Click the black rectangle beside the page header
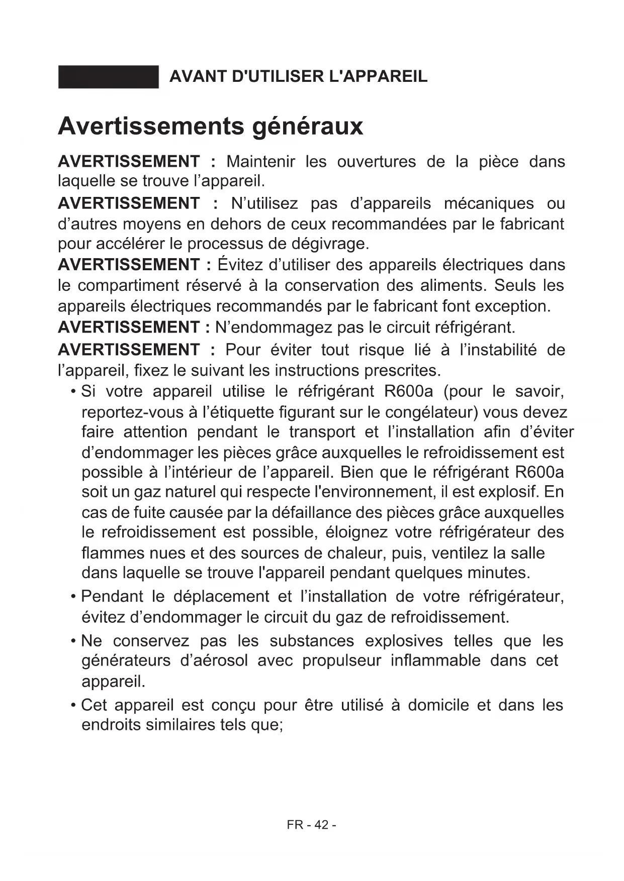108,77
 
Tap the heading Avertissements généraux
210,126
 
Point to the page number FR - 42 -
311,825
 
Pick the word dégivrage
330,244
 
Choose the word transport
322,432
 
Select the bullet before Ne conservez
73,641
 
